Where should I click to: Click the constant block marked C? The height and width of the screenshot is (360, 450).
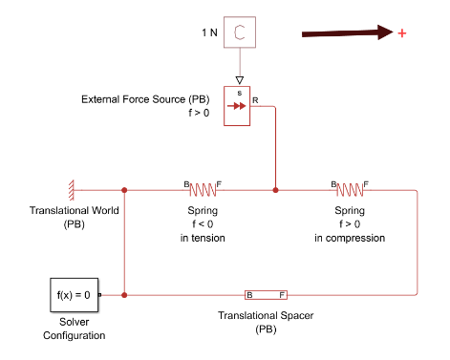click(240, 32)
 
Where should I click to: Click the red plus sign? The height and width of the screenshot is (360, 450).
click(402, 33)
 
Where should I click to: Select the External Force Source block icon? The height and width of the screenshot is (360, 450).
click(237, 106)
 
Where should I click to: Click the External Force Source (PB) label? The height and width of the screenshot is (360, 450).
click(145, 99)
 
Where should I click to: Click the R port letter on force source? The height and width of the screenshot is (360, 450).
click(255, 98)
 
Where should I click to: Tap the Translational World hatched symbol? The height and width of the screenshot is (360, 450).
click(70, 190)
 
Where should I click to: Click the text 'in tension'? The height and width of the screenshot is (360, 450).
click(203, 238)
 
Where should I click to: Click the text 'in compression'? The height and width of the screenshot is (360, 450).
click(350, 238)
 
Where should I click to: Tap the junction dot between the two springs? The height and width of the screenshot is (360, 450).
click(275, 190)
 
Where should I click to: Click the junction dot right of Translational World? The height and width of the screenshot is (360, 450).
click(125, 190)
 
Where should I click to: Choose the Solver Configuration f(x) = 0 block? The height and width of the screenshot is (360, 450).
click(74, 295)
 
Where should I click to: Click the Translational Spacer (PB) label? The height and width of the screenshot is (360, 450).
click(266, 322)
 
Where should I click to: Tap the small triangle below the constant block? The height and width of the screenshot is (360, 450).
click(240, 79)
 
